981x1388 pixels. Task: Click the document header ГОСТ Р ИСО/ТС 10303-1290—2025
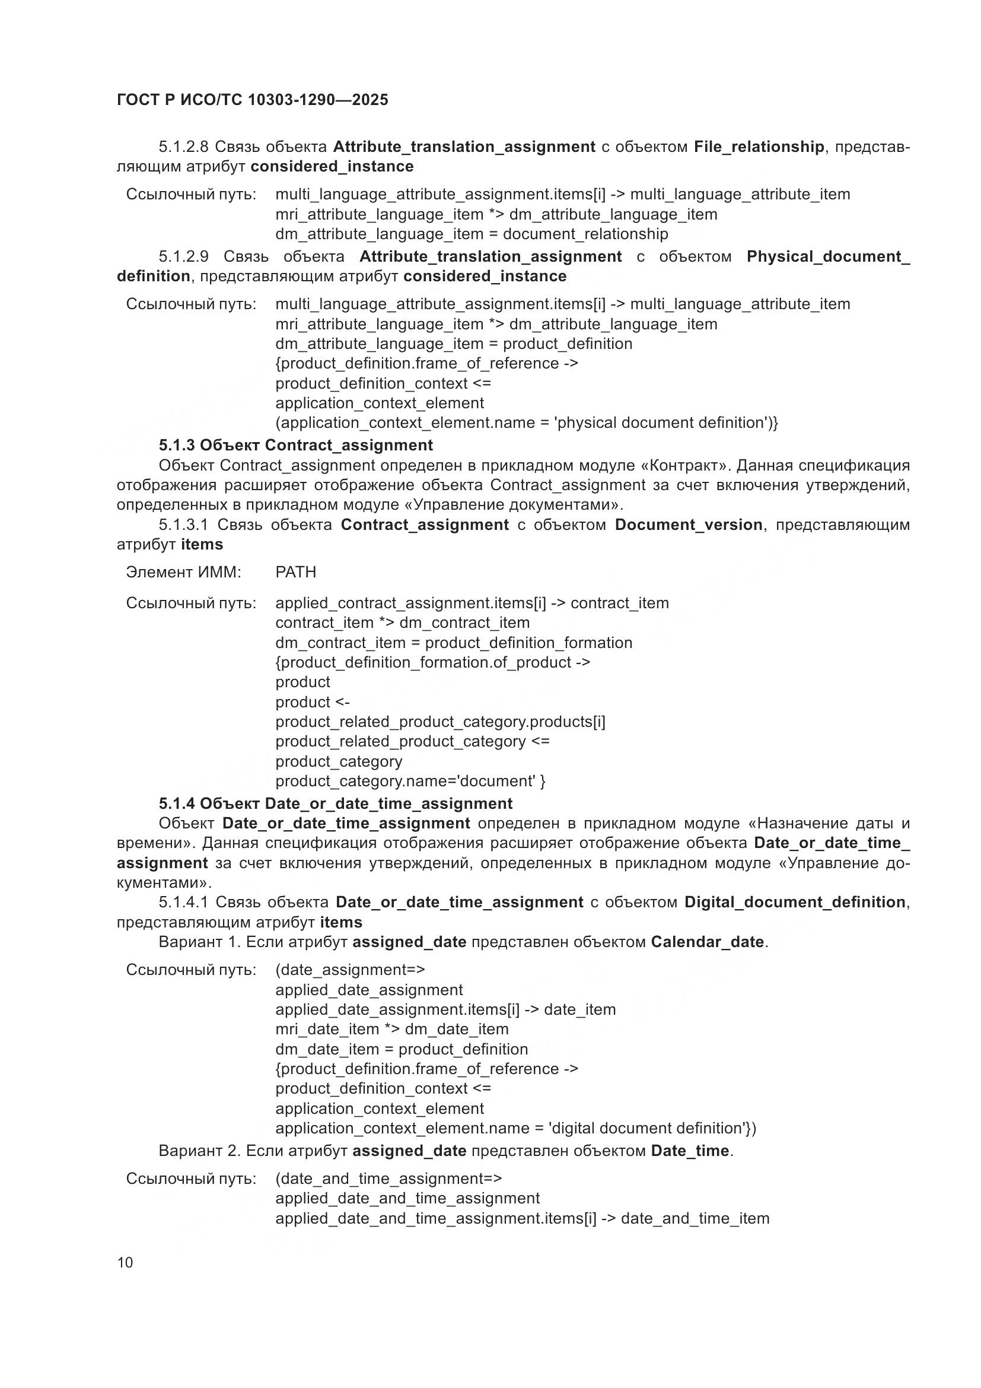point(253,100)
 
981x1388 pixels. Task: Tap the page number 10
point(125,1262)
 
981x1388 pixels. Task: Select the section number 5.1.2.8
point(183,147)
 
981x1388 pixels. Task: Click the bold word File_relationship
point(759,147)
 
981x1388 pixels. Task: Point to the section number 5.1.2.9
point(183,256)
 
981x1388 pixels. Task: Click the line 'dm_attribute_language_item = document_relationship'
point(471,234)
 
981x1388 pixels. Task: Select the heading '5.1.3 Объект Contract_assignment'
point(295,446)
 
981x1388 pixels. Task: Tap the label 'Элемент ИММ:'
point(184,572)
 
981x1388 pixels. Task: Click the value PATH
point(295,572)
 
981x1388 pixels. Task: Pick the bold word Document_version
point(689,525)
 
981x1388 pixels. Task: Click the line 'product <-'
point(313,702)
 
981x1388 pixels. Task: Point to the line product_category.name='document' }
point(410,781)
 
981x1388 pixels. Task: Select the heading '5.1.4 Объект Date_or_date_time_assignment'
point(335,803)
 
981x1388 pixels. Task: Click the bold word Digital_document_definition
point(795,902)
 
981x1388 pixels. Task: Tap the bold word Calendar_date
point(708,942)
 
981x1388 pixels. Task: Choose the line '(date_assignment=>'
point(350,970)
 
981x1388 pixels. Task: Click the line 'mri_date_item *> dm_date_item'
point(391,1029)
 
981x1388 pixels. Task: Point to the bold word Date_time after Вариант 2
point(690,1151)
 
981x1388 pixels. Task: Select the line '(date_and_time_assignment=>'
point(388,1179)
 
